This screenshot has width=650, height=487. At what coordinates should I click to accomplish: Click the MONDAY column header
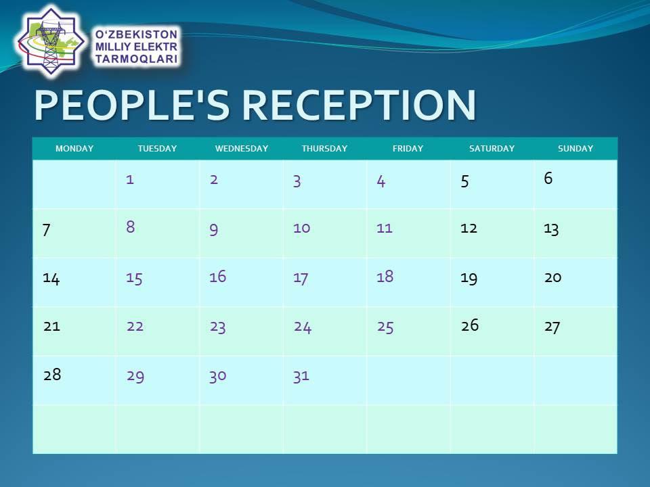pyautogui.click(x=74, y=148)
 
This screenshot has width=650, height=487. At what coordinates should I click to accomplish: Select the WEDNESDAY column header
pyautogui.click(x=242, y=148)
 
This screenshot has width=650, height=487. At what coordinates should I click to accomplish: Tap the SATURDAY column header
pyautogui.click(x=492, y=148)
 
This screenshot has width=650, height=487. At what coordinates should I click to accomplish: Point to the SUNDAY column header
pyautogui.click(x=576, y=148)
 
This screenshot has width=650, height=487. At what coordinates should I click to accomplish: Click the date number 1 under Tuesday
pyautogui.click(x=130, y=179)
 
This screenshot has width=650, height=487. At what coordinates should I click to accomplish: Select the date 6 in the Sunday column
pyautogui.click(x=548, y=178)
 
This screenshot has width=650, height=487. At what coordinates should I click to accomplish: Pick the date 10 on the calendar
pyautogui.click(x=301, y=228)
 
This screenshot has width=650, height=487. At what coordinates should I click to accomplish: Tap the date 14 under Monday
pyautogui.click(x=51, y=278)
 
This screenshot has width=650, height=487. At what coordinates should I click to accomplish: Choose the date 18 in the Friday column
pyautogui.click(x=385, y=276)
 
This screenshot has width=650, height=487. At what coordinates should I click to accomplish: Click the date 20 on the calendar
pyautogui.click(x=553, y=277)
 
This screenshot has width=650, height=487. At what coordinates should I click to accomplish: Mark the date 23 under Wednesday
pyautogui.click(x=217, y=327)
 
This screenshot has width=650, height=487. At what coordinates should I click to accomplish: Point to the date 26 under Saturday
pyautogui.click(x=470, y=325)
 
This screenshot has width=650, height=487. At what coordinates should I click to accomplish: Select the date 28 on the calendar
pyautogui.click(x=52, y=374)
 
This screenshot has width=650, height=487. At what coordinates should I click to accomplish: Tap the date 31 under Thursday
pyautogui.click(x=301, y=376)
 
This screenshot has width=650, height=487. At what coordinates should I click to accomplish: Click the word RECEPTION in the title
pyautogui.click(x=359, y=106)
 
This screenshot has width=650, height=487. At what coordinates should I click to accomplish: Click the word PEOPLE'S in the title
pyautogui.click(x=132, y=106)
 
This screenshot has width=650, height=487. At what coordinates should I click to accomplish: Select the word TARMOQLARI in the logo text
pyautogui.click(x=137, y=59)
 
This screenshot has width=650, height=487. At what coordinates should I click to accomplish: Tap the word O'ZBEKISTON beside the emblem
pyautogui.click(x=136, y=34)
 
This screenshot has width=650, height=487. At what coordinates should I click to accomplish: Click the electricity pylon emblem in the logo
pyautogui.click(x=51, y=42)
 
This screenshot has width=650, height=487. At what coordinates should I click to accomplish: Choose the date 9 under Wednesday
pyautogui.click(x=213, y=229)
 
